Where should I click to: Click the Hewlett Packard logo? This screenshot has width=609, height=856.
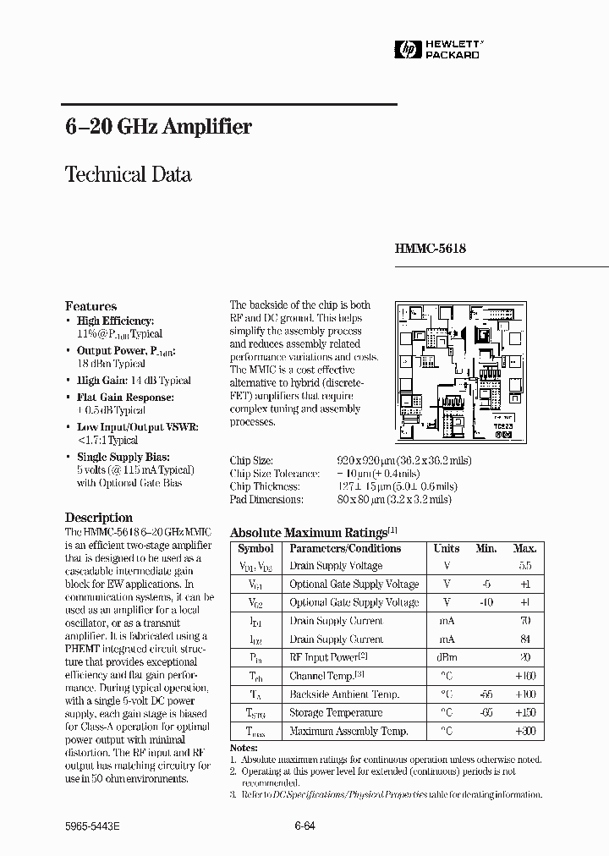[436, 49]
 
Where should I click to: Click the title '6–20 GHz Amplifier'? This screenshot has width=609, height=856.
[158, 127]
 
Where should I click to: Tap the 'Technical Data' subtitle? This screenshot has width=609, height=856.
[128, 175]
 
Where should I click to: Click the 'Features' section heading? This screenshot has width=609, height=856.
[91, 306]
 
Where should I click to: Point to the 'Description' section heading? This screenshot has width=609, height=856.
[99, 517]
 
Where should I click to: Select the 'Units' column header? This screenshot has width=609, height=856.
[447, 548]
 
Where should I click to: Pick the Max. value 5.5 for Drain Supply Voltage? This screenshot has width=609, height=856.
[525, 566]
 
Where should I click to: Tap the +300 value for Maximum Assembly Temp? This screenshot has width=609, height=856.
[524, 731]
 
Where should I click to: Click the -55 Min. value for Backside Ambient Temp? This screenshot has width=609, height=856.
[485, 694]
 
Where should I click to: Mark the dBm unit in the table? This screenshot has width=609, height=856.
[446, 657]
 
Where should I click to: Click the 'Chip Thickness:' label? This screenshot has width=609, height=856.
[265, 486]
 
